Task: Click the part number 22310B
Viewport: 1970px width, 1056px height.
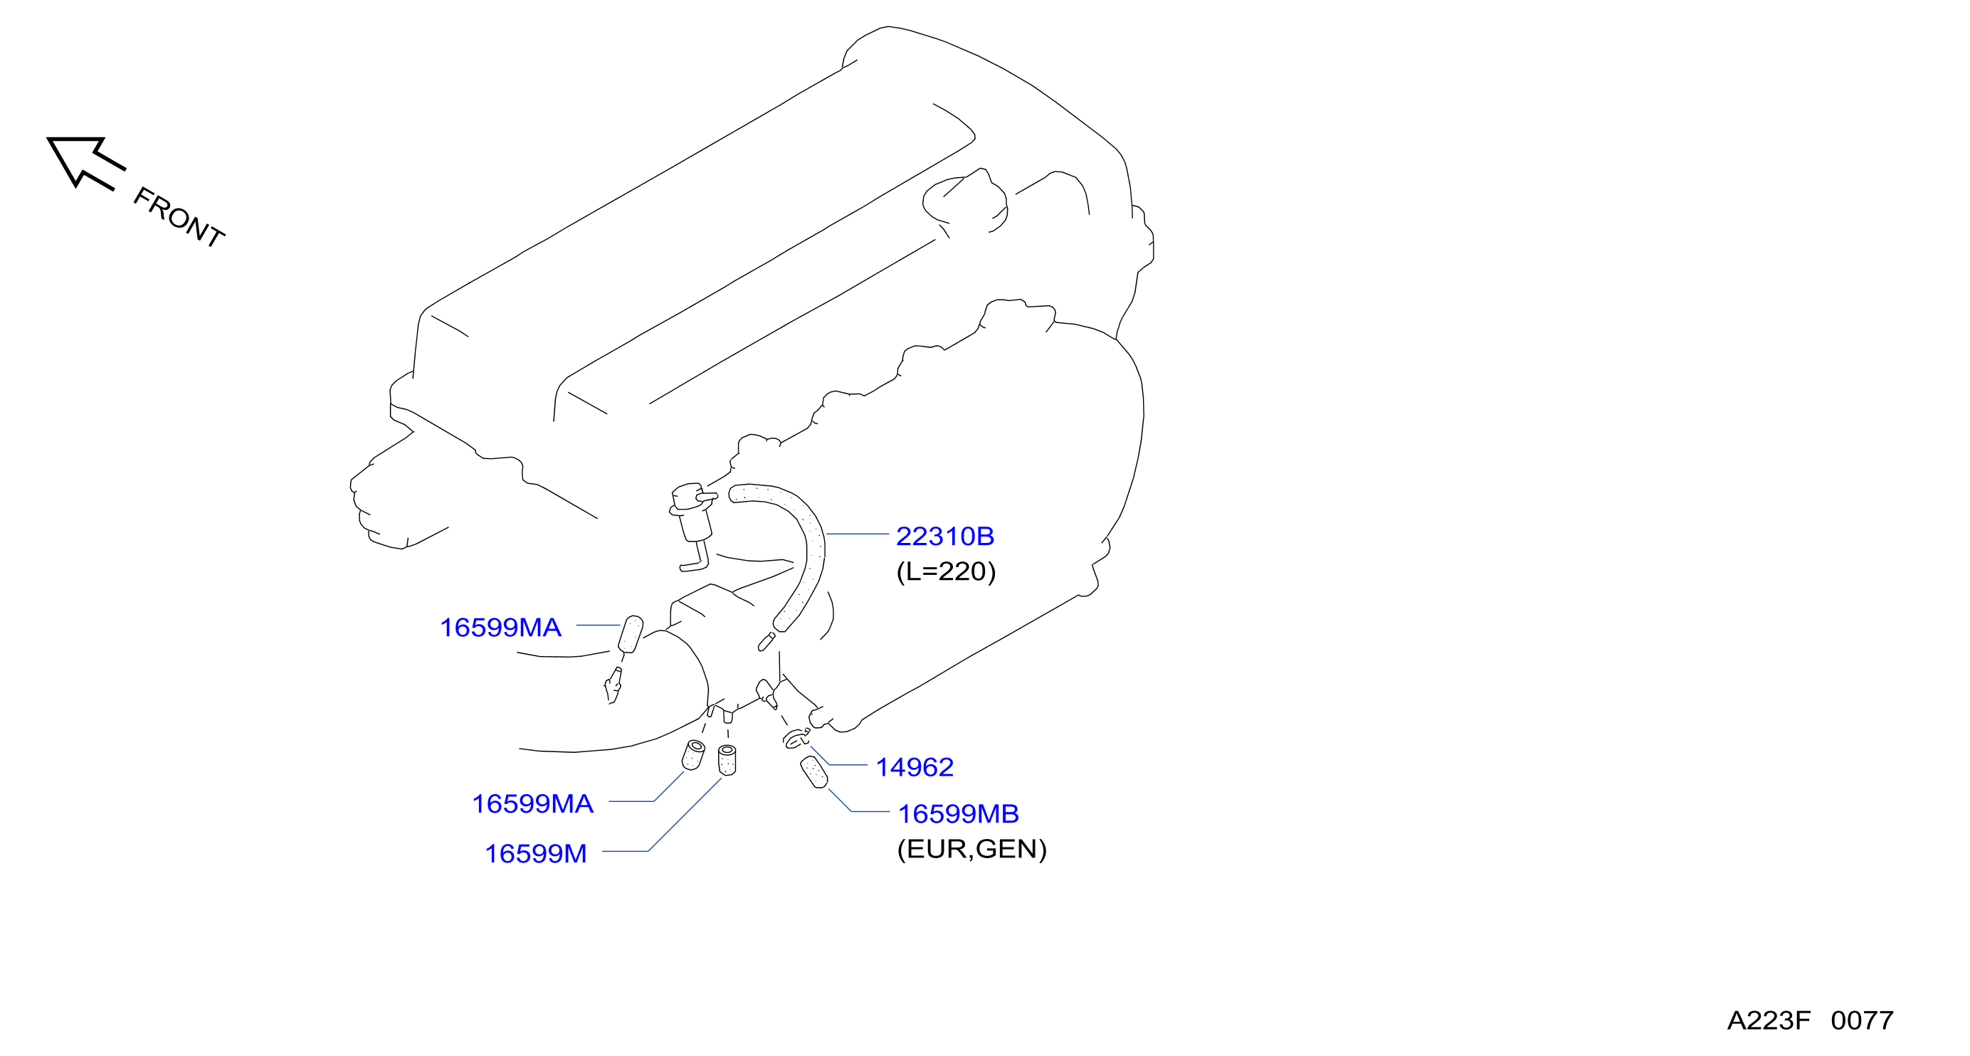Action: (x=944, y=536)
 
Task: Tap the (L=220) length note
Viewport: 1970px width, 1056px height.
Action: (x=946, y=571)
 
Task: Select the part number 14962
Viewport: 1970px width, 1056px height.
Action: (x=915, y=767)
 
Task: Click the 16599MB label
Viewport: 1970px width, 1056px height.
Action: (x=958, y=813)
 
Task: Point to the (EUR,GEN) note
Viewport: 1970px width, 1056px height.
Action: (x=971, y=849)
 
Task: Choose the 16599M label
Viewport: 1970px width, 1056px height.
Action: (x=536, y=853)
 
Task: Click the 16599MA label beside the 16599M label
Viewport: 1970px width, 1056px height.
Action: (x=532, y=803)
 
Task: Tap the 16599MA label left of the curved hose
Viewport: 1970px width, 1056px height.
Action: (x=500, y=627)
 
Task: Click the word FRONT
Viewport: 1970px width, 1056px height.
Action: (x=179, y=217)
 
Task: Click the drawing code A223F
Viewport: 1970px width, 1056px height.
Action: (x=1769, y=1020)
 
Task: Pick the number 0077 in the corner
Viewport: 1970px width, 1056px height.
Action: (x=1862, y=1020)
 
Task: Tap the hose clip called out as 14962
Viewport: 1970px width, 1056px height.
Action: (x=796, y=738)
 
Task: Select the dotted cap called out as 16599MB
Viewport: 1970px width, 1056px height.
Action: (x=813, y=771)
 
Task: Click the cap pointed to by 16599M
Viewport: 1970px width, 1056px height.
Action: (x=727, y=760)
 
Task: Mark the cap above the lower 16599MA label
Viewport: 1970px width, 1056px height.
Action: (x=694, y=755)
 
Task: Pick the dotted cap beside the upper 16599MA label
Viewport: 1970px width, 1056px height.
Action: (x=630, y=635)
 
